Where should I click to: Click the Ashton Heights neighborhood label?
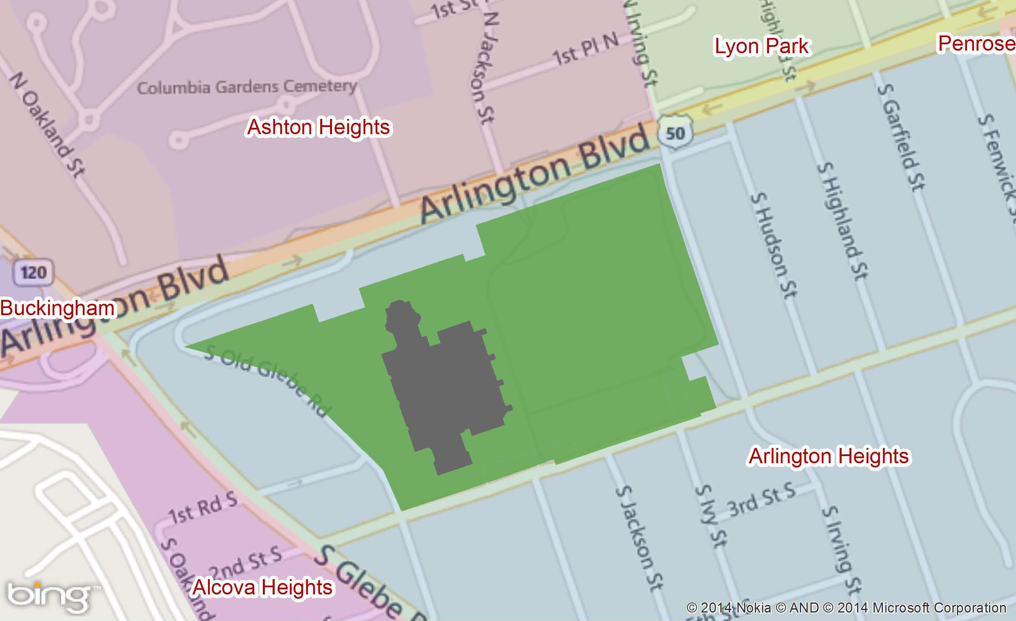[319, 127]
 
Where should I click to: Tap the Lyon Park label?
[762, 46]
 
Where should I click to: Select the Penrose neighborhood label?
[975, 43]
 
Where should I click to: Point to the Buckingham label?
[57, 308]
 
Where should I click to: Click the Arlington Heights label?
[829, 456]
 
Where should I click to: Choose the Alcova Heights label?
[262, 587]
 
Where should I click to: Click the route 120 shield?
[34, 272]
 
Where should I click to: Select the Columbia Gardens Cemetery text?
[247, 87]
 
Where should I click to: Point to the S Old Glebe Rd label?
[268, 382]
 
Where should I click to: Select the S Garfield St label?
[901, 137]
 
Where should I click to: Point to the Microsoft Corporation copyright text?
[939, 607]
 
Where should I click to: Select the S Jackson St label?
[639, 538]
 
